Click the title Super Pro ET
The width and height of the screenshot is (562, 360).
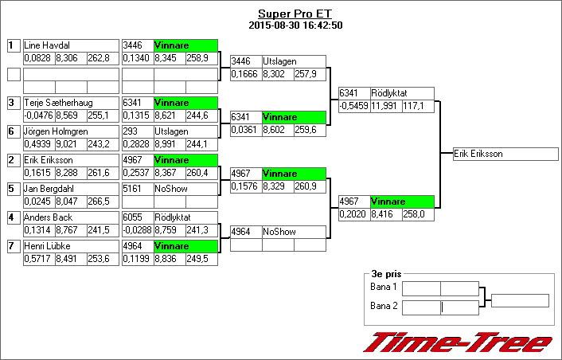tap(295, 14)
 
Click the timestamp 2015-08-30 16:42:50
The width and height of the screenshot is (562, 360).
tap(295, 25)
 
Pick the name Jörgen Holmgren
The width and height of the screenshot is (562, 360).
tap(56, 131)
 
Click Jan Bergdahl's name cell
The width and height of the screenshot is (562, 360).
tap(49, 189)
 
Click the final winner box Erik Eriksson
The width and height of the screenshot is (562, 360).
tap(500, 154)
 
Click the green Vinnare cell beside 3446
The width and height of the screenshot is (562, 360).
tap(185, 45)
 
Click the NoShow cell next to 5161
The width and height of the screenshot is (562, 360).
tap(185, 189)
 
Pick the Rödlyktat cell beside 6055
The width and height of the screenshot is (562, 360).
tap(185, 217)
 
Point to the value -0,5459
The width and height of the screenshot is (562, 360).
tap(353, 105)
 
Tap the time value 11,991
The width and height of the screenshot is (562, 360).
tap(385, 105)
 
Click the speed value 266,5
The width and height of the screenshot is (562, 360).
tap(98, 202)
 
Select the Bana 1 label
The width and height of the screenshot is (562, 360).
tap(384, 288)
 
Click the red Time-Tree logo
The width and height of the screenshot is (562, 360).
tap(458, 342)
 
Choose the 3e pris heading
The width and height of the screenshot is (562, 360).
tap(383, 273)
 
